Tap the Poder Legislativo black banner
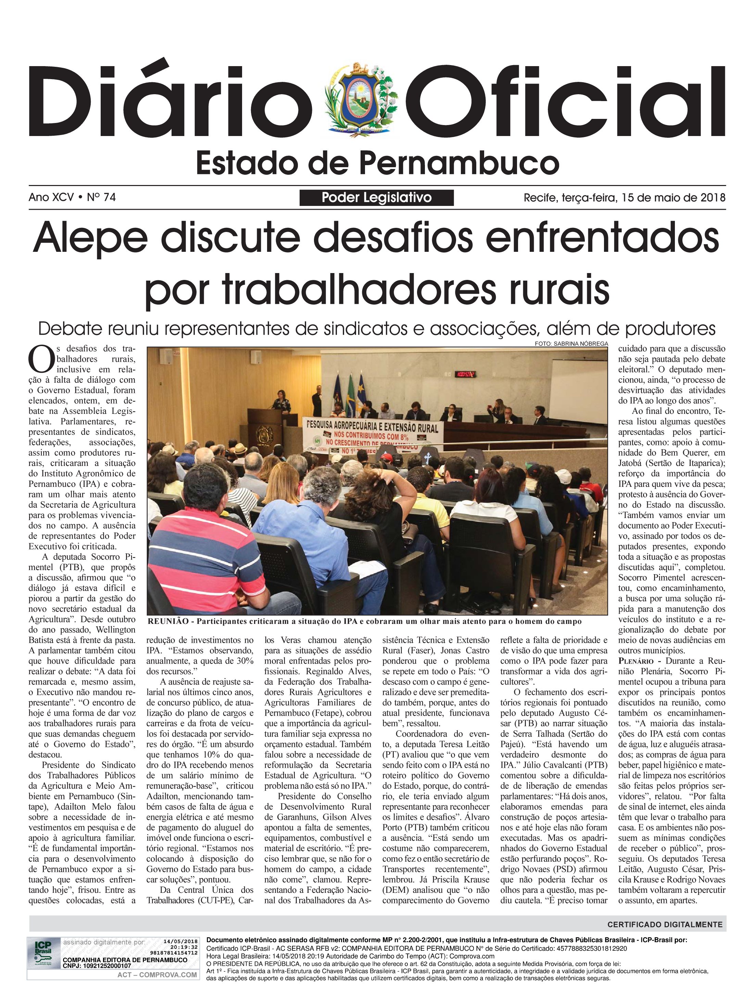point(377,197)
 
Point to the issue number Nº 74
point(101,197)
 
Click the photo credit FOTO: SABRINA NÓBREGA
point(571,344)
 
